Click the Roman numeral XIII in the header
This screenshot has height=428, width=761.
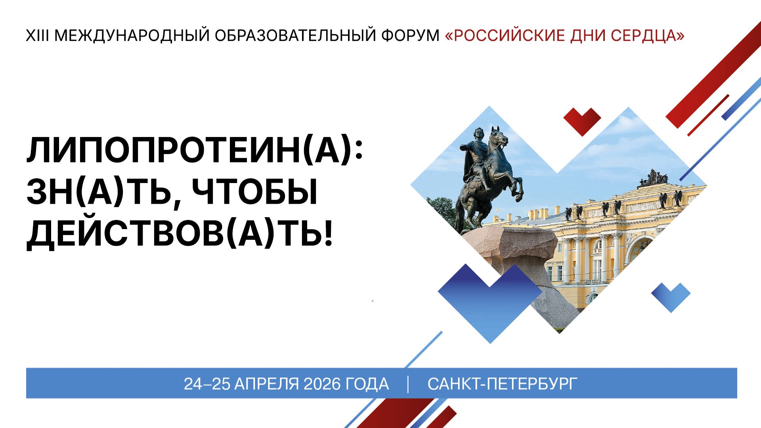37,36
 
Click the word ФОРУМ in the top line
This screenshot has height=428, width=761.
410,36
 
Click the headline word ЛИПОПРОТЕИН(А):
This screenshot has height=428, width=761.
195,151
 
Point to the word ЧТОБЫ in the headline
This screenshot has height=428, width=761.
254,193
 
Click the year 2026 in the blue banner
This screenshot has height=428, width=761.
322,384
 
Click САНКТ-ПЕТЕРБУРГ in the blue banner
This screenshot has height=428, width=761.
502,384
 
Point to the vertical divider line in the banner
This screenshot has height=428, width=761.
408,384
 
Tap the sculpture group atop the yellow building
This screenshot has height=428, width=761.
652,179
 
